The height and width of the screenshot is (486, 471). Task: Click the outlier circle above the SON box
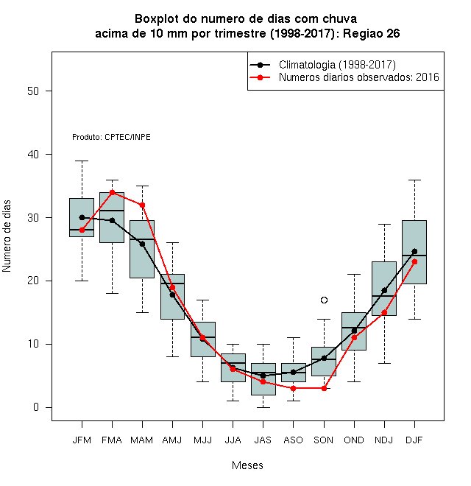(324, 300)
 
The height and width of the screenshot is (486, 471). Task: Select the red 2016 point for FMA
(112, 192)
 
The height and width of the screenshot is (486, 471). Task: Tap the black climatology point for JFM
(82, 217)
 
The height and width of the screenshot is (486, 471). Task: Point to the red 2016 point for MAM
(142, 205)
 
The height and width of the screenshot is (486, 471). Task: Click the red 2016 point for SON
(324, 388)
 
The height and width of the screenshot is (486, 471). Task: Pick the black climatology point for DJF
(414, 251)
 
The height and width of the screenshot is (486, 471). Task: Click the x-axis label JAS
(263, 440)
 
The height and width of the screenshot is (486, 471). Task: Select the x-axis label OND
(354, 440)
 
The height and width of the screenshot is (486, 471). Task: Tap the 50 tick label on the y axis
(33, 91)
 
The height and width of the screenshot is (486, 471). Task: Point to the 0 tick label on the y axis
(36, 407)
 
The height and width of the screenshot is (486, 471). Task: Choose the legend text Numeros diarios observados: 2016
(359, 77)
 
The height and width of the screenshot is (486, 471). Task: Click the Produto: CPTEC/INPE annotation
(111, 137)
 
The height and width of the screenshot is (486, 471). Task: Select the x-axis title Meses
(247, 465)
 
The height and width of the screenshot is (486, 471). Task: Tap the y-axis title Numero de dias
(7, 236)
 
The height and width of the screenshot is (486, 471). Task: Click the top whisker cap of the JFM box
(82, 161)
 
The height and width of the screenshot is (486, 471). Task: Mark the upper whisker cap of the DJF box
(414, 180)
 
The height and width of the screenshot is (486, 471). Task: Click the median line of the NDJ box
(384, 296)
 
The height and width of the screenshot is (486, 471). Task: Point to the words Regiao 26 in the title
(371, 33)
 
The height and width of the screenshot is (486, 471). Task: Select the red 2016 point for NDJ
(384, 312)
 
